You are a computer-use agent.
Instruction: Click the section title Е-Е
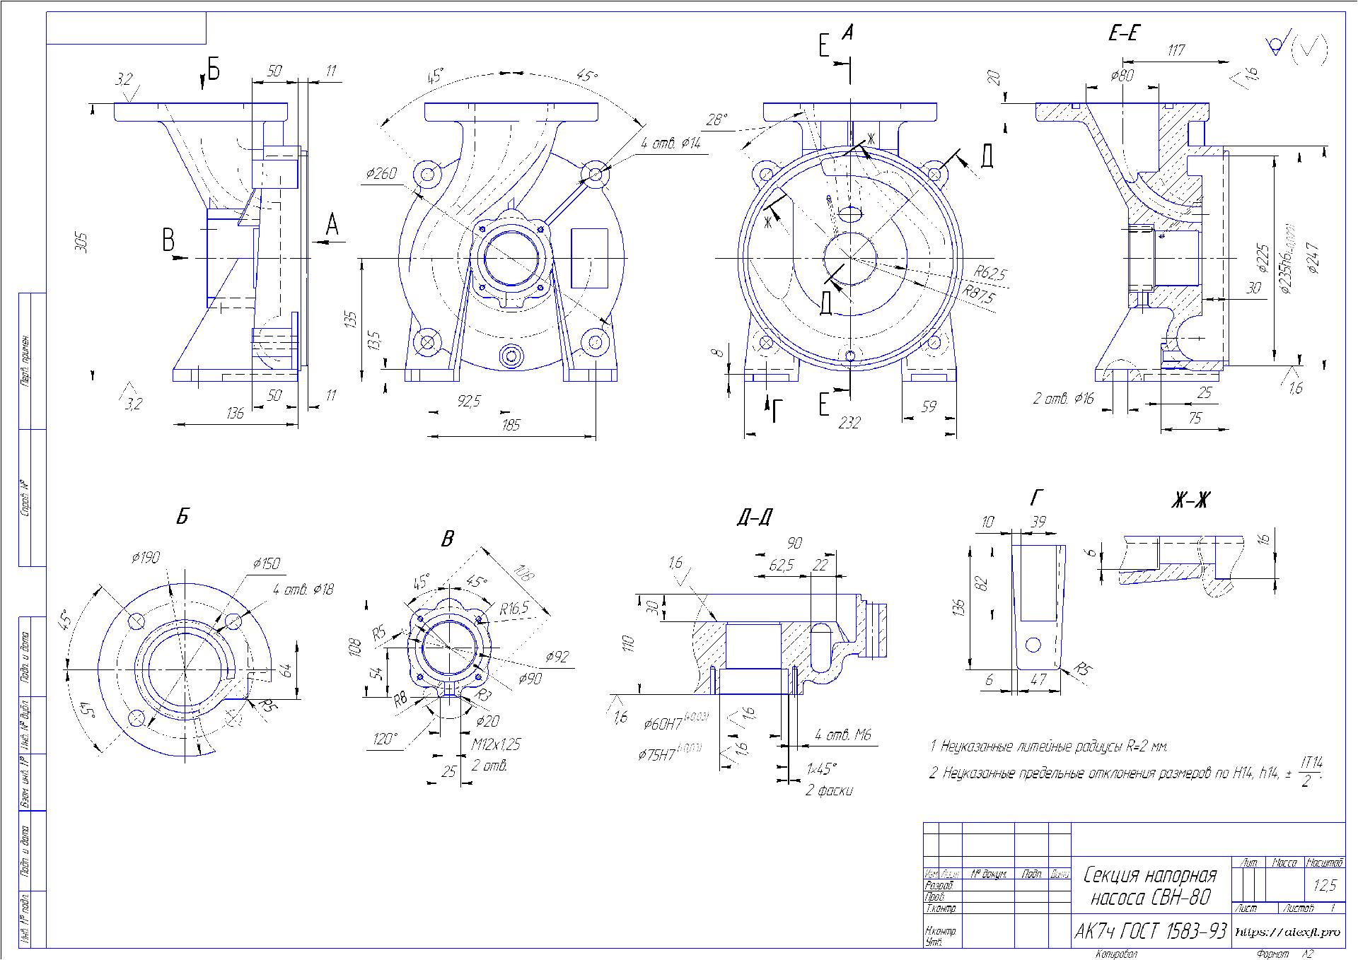point(1122,33)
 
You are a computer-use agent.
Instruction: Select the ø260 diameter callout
point(381,173)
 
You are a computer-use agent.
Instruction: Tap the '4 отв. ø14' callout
point(670,144)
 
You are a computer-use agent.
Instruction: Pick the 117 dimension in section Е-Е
point(1176,50)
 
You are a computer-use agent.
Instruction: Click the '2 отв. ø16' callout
point(1063,399)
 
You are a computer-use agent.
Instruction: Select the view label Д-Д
point(754,517)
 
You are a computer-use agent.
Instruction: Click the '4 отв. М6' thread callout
point(842,735)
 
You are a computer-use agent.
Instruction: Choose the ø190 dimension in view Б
point(145,558)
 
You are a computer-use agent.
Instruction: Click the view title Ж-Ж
point(1190,501)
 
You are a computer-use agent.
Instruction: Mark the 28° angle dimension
point(716,119)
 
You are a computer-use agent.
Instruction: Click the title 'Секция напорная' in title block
point(1149,875)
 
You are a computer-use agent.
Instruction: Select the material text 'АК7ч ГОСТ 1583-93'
point(1149,932)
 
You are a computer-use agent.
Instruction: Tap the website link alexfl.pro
point(1287,932)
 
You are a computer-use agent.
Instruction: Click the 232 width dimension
point(849,423)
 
